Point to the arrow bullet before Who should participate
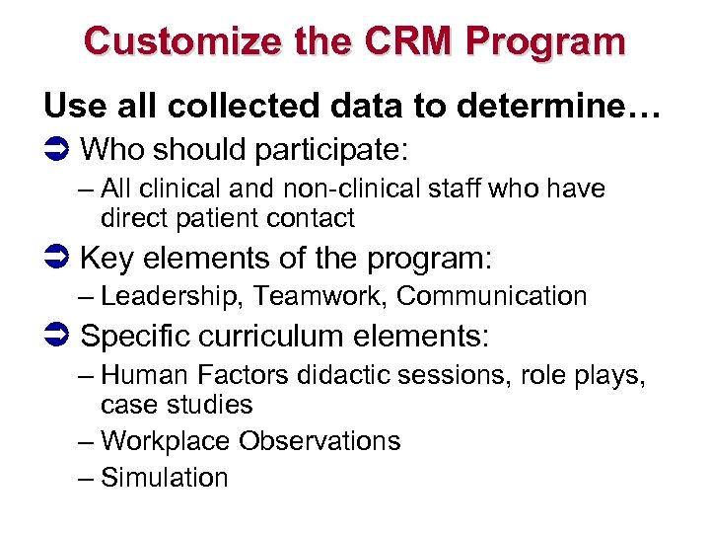click(56, 150)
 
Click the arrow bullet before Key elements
click(56, 260)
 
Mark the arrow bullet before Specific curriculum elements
click(56, 337)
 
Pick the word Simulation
click(165, 478)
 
